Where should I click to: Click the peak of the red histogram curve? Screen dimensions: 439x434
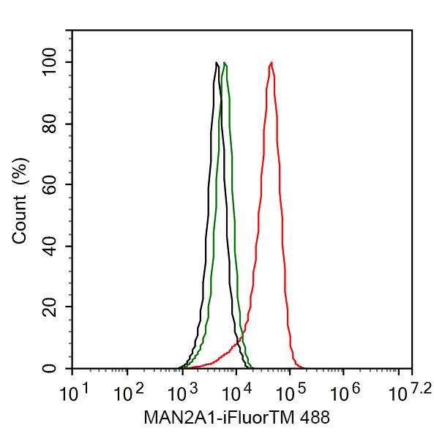pyautogui.click(x=272, y=63)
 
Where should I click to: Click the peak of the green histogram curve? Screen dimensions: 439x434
pyautogui.click(x=225, y=63)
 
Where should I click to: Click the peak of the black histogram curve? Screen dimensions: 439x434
pyautogui.click(x=217, y=63)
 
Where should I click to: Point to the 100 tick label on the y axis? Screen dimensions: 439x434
pyautogui.click(x=50, y=62)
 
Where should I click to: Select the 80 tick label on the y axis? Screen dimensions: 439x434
pyautogui.click(x=50, y=124)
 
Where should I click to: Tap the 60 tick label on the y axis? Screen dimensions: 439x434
pyautogui.click(x=50, y=184)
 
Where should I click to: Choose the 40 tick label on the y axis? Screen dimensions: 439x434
pyautogui.click(x=50, y=246)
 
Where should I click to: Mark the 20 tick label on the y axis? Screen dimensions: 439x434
pyautogui.click(x=50, y=307)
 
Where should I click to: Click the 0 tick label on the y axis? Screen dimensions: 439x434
pyautogui.click(x=50, y=368)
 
